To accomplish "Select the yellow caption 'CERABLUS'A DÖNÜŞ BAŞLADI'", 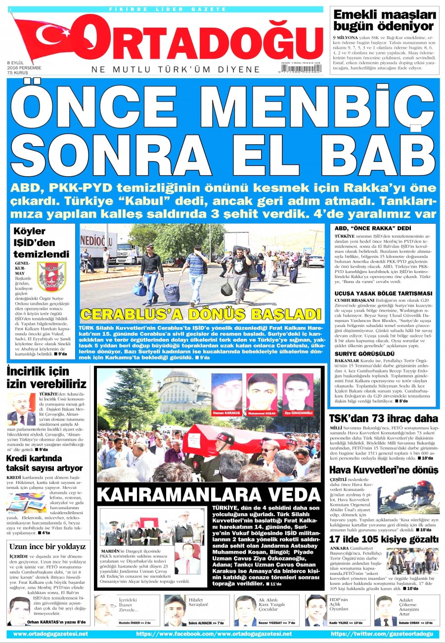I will (201, 315).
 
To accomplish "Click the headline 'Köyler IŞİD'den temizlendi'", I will (41, 242).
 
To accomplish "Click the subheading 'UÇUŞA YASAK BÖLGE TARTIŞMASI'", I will (384, 293).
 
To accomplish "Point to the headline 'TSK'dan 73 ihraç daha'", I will (384, 418).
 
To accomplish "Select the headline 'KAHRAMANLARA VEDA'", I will (209, 494).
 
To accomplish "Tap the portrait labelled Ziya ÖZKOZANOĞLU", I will (298, 391).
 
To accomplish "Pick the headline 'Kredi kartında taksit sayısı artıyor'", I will (44, 463).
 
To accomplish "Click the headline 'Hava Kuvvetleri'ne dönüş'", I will (384, 470).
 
